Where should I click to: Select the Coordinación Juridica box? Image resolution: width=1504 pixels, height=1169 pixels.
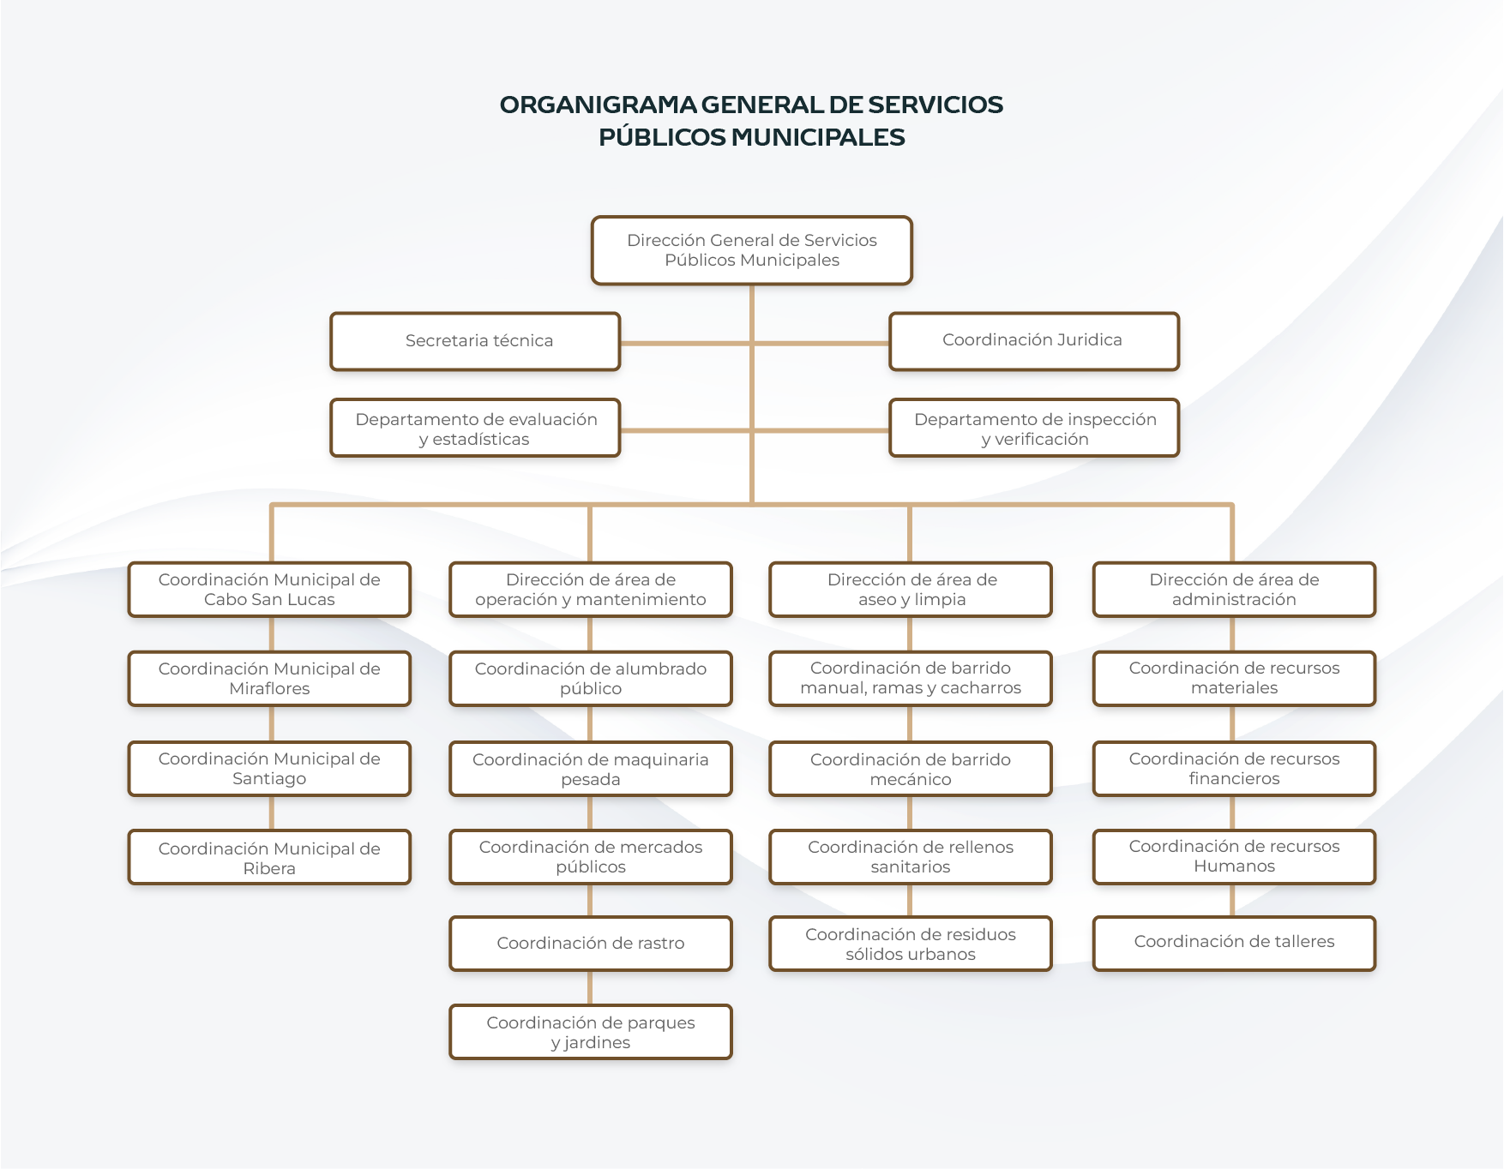1034,341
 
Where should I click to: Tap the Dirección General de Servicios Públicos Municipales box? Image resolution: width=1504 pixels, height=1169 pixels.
751,250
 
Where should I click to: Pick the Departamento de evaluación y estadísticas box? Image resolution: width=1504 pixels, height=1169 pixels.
475,429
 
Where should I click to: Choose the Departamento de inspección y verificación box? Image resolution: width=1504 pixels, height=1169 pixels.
1034,429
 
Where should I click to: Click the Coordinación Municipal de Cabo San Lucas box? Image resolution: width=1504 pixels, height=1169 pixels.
269,590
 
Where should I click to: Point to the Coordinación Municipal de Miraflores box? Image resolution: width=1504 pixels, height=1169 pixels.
269,679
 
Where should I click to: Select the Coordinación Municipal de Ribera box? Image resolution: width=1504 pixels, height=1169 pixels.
269,858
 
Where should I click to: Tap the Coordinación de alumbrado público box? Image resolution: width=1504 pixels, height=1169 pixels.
591,679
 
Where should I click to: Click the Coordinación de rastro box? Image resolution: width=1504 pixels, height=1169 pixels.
591,944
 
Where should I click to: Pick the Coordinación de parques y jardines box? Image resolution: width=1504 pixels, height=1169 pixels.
591,1033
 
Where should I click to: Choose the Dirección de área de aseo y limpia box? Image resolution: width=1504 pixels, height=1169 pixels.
911,590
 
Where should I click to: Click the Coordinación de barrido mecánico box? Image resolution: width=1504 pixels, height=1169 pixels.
911,769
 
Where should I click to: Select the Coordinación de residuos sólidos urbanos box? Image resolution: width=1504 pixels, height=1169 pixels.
911,944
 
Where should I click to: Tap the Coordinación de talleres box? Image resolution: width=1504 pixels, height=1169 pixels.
1234,942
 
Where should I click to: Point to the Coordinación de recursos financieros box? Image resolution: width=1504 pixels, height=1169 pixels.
1234,769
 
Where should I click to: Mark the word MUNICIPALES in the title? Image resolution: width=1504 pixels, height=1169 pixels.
818,137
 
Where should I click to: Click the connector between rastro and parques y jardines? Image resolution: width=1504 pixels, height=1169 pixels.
590,987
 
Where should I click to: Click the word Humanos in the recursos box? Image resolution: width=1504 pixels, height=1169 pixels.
1234,866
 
